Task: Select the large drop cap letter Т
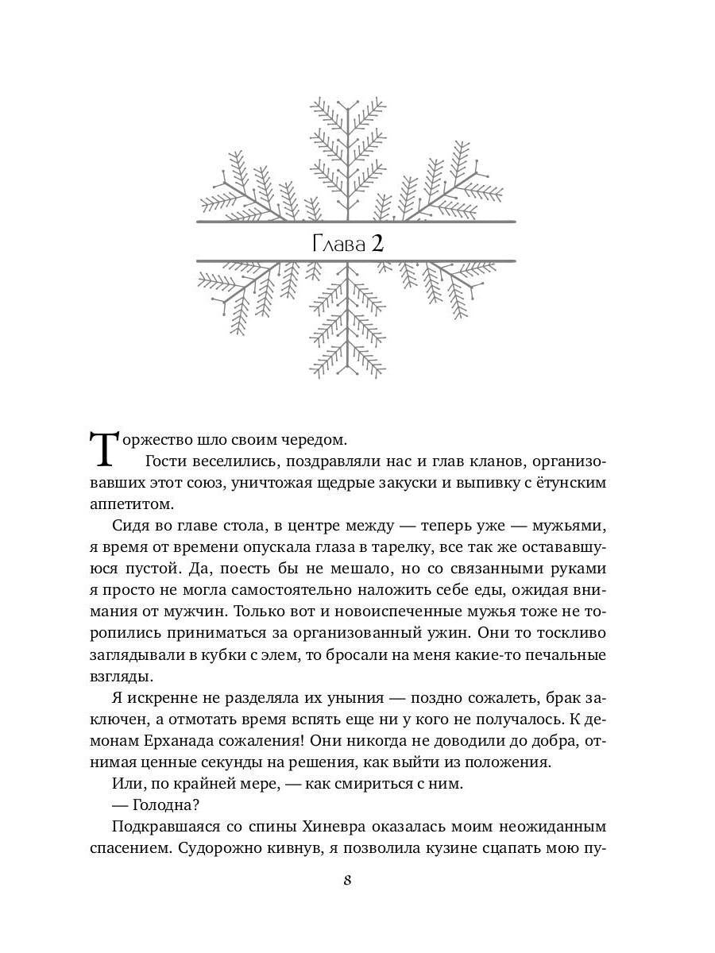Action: (105, 450)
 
